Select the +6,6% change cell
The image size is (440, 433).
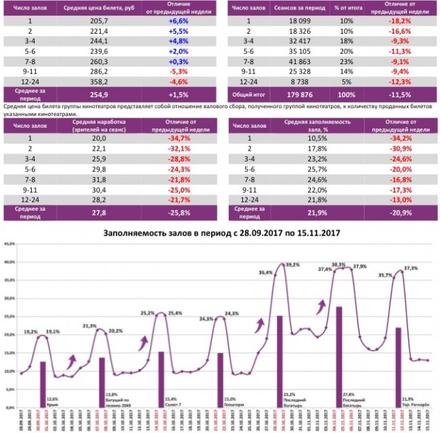[177, 22]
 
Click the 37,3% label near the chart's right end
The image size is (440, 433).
[410, 269]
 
